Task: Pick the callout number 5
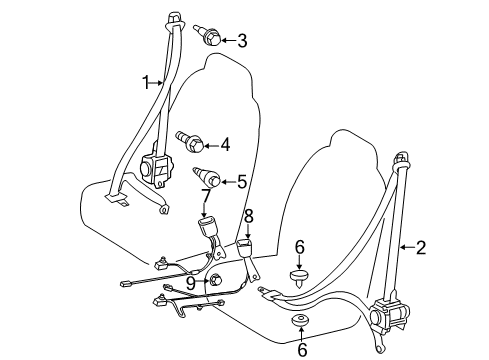click(241, 181)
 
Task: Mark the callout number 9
click(190, 282)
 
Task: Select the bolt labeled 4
click(189, 141)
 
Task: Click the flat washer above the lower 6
click(300, 322)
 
